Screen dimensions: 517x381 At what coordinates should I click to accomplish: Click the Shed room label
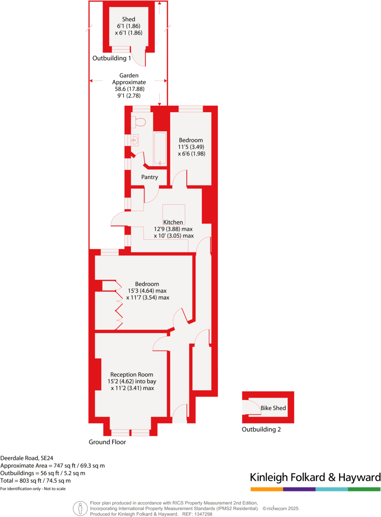[x=128, y=19]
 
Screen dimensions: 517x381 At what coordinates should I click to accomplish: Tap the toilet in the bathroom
[x=140, y=122]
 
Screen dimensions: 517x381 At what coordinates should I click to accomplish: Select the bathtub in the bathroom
[x=160, y=148]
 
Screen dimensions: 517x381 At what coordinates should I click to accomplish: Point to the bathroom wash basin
[x=135, y=141]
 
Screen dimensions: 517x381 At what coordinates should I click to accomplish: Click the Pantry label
[x=149, y=177]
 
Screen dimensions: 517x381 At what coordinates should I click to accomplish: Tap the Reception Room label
[x=132, y=374]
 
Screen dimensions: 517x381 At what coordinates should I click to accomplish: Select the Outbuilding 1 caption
[x=111, y=58]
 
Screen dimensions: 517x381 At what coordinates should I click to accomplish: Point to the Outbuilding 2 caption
[x=261, y=430]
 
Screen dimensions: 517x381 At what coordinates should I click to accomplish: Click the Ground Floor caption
[x=107, y=442]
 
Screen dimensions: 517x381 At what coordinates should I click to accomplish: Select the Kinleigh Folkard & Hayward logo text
[x=315, y=477]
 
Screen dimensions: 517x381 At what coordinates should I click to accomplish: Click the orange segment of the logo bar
[x=267, y=489]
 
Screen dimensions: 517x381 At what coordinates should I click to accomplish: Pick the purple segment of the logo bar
[x=299, y=489]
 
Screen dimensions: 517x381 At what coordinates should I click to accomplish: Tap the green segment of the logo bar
[x=364, y=489]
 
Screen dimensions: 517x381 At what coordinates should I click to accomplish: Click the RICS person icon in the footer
[x=80, y=508]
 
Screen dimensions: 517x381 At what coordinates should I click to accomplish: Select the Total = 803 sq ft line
[x=36, y=481]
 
